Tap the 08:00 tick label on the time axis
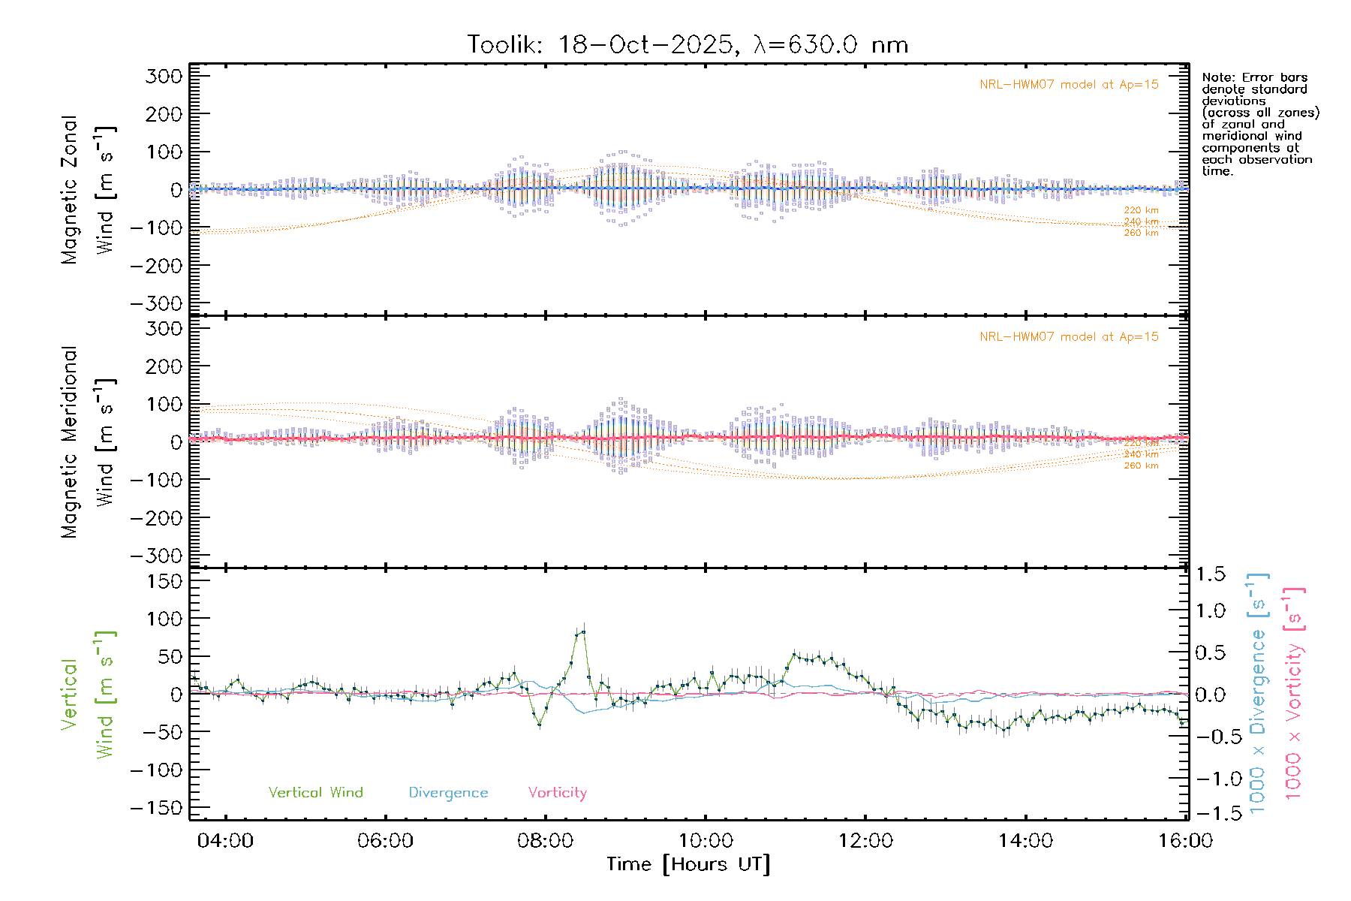[x=545, y=841]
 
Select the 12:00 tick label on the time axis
[x=865, y=841]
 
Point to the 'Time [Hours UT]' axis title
[x=688, y=864]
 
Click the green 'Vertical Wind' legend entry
[x=315, y=793]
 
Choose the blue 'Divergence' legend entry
[x=448, y=793]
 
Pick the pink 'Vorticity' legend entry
[x=557, y=793]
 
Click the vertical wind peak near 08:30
[x=583, y=632]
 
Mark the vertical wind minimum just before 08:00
[x=539, y=725]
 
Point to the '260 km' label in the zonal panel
[x=1141, y=234]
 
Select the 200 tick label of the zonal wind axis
[x=164, y=114]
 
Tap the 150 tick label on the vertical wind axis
[x=164, y=581]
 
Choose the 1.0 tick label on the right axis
[x=1210, y=610]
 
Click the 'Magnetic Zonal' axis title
[x=70, y=190]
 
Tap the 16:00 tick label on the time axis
[x=1185, y=841]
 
